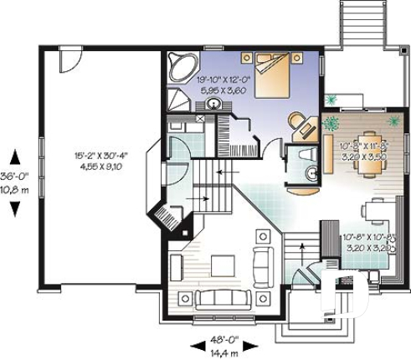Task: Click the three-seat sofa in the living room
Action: point(217,297)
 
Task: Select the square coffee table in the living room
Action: point(223,265)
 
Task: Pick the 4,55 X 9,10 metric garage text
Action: point(101,165)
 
